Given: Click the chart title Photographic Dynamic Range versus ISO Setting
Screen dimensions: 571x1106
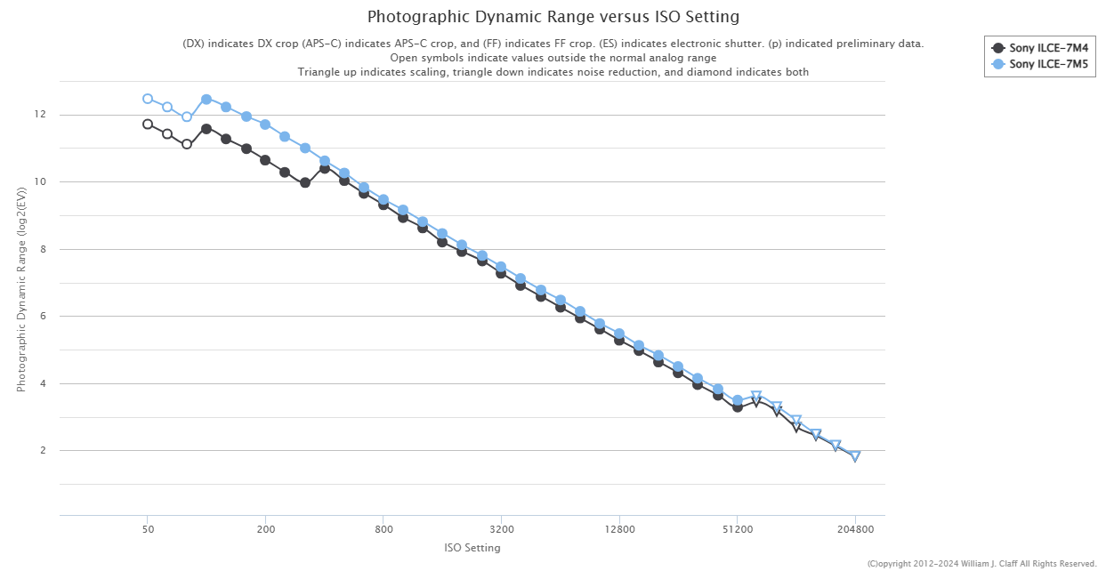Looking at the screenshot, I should pyautogui.click(x=553, y=17).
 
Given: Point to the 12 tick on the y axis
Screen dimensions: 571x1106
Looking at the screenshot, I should pyautogui.click(x=40, y=115).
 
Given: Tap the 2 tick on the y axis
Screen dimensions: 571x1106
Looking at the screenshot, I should pyautogui.click(x=41, y=451).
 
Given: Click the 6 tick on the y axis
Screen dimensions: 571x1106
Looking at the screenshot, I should pyautogui.click(x=41, y=317).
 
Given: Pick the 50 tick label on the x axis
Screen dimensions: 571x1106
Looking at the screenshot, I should pyautogui.click(x=148, y=529).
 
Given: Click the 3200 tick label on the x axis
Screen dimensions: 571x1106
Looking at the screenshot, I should pyautogui.click(x=501, y=529).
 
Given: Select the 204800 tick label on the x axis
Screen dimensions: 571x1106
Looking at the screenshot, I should pyautogui.click(x=855, y=529).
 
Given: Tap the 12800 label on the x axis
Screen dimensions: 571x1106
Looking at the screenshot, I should pyautogui.click(x=619, y=529).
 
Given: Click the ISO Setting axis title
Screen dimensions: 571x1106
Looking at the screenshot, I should pyautogui.click(x=472, y=548).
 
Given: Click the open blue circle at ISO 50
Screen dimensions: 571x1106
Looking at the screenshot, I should pyautogui.click(x=148, y=99).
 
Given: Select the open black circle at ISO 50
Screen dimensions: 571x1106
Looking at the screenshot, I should pyautogui.click(x=148, y=125).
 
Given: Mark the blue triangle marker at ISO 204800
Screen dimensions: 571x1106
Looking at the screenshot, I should pyautogui.click(x=855, y=456).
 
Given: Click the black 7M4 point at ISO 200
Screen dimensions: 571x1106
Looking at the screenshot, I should pyautogui.click(x=265, y=160).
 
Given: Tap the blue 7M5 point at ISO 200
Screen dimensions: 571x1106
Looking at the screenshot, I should pyautogui.click(x=265, y=125).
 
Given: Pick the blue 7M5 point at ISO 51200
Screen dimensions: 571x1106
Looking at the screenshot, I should pyautogui.click(x=738, y=400).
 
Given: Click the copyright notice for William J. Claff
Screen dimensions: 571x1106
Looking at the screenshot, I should pyautogui.click(x=981, y=564).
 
